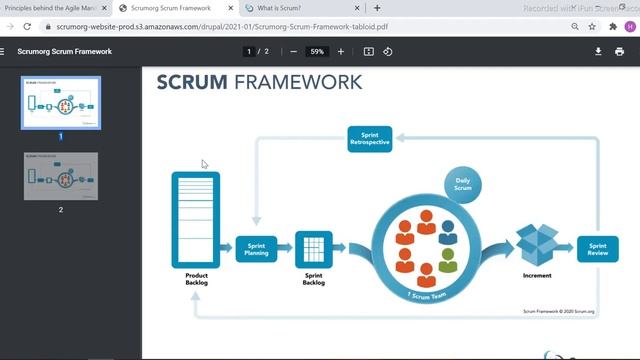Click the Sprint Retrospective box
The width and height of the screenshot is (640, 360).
pos(370,138)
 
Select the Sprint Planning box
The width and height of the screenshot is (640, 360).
pos(255,249)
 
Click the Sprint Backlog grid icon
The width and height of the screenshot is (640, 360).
pos(313,246)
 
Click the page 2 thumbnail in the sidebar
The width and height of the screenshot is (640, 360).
pos(60,176)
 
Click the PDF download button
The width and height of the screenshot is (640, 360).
pos(598,51)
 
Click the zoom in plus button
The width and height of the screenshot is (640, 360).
pos(341,51)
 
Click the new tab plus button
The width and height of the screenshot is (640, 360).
pos(377,8)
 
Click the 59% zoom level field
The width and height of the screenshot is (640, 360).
pos(317,51)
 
